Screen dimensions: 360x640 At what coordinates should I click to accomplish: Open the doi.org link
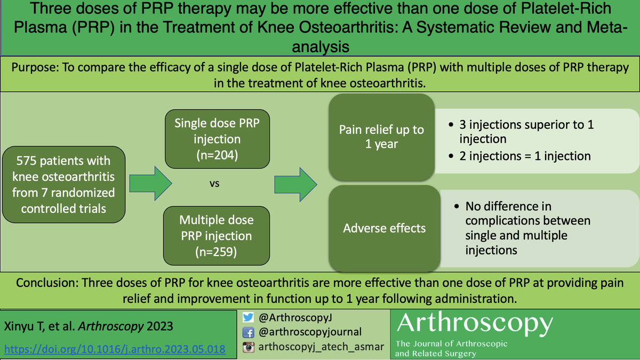(x=115, y=349)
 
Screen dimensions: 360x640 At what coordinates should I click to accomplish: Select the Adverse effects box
(x=384, y=228)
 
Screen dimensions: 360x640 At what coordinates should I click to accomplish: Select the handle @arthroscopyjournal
(x=309, y=332)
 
